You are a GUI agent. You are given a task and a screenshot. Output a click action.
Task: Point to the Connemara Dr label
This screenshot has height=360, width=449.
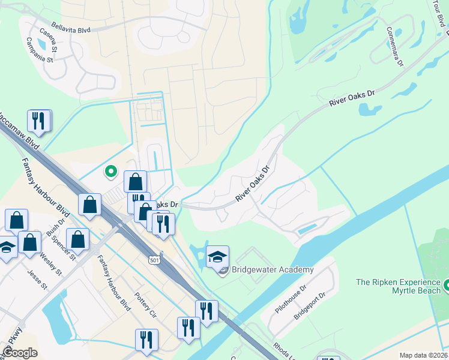pos(398,44)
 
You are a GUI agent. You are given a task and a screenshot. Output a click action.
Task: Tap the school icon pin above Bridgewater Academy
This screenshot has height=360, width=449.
pos(217,257)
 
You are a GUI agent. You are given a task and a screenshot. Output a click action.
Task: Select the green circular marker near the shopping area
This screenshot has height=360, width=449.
pos(111,172)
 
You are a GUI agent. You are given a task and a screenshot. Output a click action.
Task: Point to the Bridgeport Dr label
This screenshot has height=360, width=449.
pos(310,305)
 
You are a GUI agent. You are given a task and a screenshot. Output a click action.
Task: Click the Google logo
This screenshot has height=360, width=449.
pos(19,352)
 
